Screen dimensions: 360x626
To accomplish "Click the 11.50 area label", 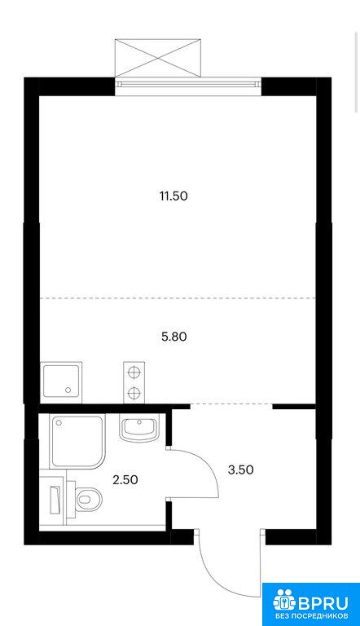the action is pyautogui.click(x=173, y=196).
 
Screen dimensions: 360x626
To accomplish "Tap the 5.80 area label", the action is pyautogui.click(x=174, y=337).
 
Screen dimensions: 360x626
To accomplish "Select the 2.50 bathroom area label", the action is pyautogui.click(x=125, y=479).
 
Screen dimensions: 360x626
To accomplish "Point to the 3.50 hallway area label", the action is pyautogui.click(x=240, y=469).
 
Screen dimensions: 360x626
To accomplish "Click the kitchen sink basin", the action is pyautogui.click(x=61, y=381).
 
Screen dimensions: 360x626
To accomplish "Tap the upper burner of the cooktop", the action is pyautogui.click(x=134, y=372).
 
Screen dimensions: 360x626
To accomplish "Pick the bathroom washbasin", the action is pyautogui.click(x=139, y=428).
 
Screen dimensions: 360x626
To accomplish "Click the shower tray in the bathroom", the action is pyautogui.click(x=77, y=442).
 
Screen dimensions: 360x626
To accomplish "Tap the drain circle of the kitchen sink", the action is pyautogui.click(x=68, y=390).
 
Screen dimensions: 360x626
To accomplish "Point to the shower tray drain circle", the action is pyautogui.click(x=59, y=422).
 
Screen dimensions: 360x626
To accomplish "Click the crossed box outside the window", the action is pyautogui.click(x=158, y=58).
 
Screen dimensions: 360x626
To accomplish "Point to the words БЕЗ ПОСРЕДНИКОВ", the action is pyautogui.click(x=311, y=615).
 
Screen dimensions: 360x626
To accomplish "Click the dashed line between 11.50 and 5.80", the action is pyautogui.click(x=178, y=298).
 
